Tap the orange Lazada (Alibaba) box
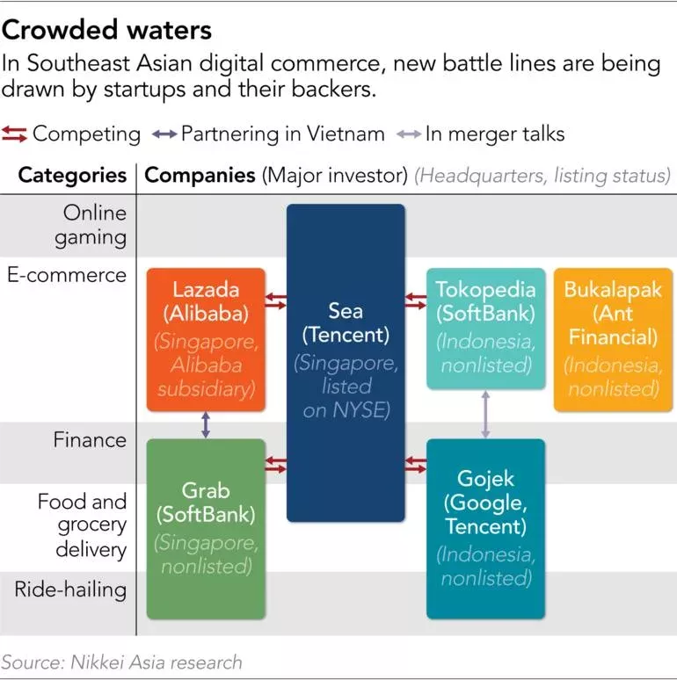[206, 339]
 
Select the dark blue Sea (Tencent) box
[346, 362]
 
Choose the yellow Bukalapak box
[612, 339]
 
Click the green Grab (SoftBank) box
[206, 528]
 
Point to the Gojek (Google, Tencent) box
[485, 529]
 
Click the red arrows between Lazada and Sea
[276, 301]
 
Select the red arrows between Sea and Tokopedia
[416, 301]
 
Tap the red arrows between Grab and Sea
[276, 465]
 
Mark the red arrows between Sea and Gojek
[416, 465]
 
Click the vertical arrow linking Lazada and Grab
[206, 425]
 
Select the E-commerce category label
[67, 275]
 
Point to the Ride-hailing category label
[70, 588]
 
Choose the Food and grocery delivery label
[82, 525]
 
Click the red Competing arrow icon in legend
[15, 134]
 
